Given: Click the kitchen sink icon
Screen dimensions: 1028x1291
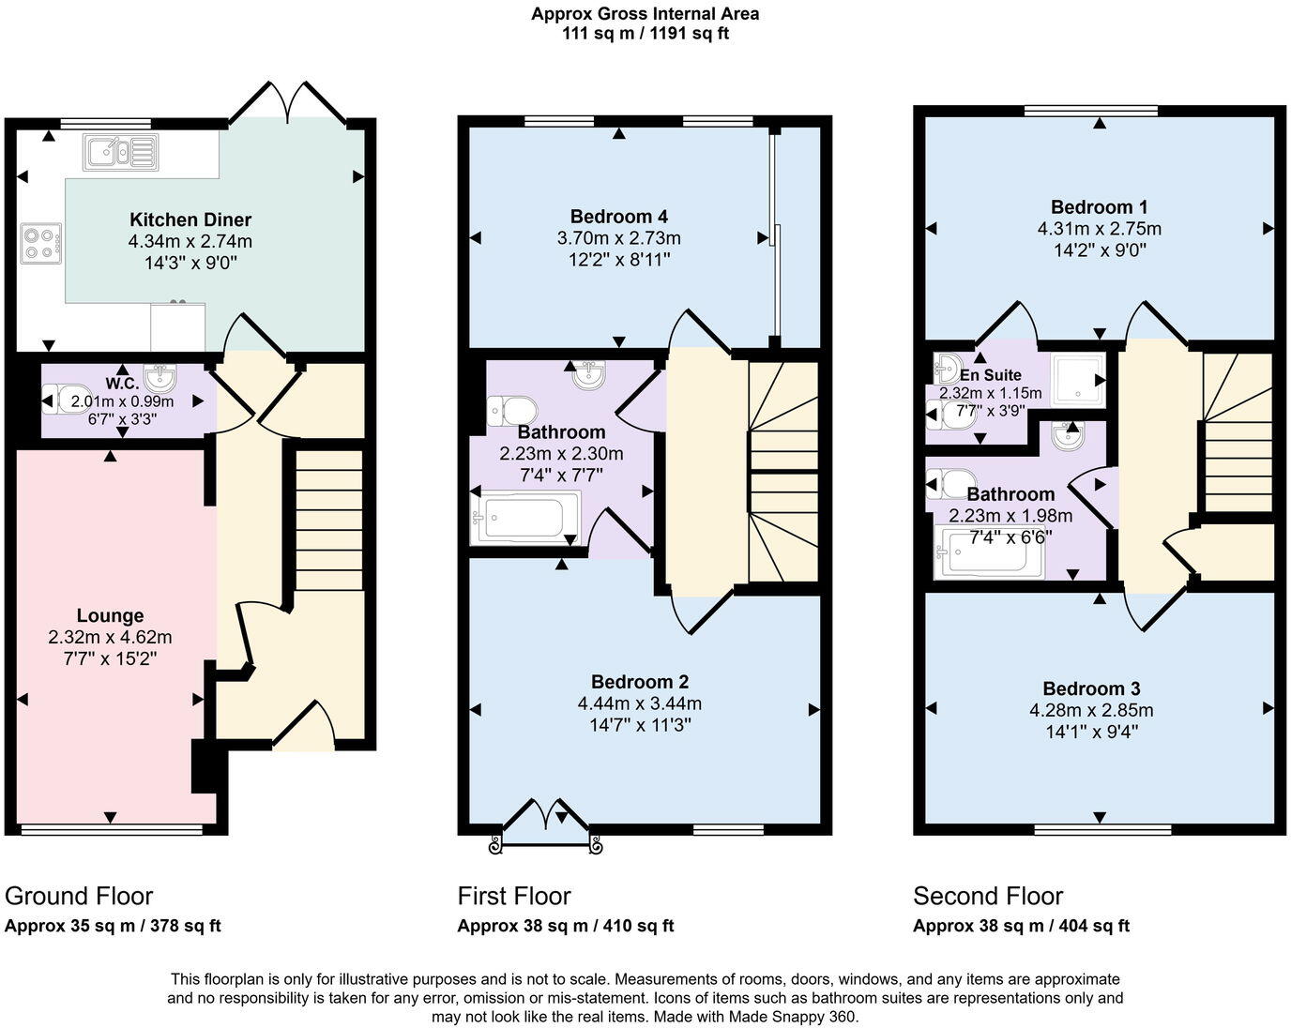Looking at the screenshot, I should [119, 152].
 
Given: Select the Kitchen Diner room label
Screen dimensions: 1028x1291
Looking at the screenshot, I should [190, 219].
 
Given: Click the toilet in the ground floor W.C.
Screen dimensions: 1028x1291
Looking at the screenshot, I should [67, 400].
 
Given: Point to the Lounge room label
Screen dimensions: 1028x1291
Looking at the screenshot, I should [110, 615].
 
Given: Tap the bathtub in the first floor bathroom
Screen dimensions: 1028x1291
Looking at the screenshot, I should [524, 517].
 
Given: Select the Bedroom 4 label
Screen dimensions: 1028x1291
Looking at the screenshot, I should [618, 217].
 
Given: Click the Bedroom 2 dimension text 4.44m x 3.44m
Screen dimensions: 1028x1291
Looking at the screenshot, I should [639, 703].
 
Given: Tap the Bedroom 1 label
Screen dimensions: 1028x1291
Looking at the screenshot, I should [1099, 207].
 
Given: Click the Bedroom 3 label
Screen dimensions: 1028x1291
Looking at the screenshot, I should [1090, 688].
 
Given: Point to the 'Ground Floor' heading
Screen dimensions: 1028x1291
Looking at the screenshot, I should [79, 896].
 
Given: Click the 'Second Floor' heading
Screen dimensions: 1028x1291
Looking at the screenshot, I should [988, 896].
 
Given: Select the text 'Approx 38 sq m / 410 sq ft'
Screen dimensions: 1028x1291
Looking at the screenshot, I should [566, 926].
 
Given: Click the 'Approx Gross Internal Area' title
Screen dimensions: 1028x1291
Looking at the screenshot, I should [645, 14].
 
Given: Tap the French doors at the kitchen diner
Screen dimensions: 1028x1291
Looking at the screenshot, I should [289, 102].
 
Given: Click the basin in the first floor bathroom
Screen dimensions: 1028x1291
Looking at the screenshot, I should [589, 376].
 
